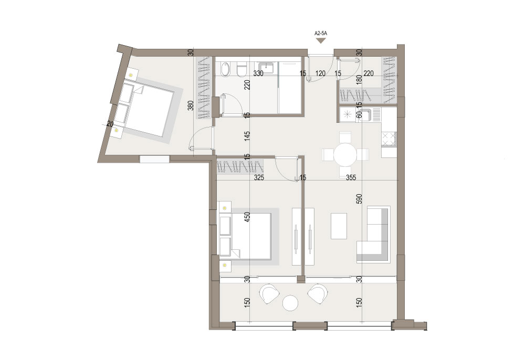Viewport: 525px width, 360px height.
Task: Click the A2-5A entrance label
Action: [321, 34]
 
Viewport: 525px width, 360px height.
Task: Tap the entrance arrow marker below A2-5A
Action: [321, 40]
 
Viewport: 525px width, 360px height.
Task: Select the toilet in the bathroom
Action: [241, 70]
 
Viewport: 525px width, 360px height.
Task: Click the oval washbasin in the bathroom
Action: [226, 69]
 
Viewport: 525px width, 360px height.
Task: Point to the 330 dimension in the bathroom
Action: [258, 73]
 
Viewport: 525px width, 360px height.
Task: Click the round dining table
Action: [345, 154]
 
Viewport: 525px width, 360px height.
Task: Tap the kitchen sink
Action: [366, 115]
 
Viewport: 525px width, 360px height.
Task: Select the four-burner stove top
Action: [388, 140]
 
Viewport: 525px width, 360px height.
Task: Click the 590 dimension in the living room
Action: [359, 199]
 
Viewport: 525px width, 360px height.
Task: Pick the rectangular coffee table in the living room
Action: [339, 226]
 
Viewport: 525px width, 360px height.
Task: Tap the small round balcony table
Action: [290, 303]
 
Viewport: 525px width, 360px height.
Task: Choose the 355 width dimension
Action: [351, 178]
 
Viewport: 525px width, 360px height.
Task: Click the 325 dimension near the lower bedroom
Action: [259, 178]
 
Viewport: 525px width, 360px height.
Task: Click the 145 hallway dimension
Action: [247, 136]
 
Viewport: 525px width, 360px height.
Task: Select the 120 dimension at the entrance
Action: [320, 73]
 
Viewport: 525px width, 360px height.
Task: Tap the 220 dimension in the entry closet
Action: [369, 73]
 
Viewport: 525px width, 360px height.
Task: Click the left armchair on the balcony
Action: [269, 293]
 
